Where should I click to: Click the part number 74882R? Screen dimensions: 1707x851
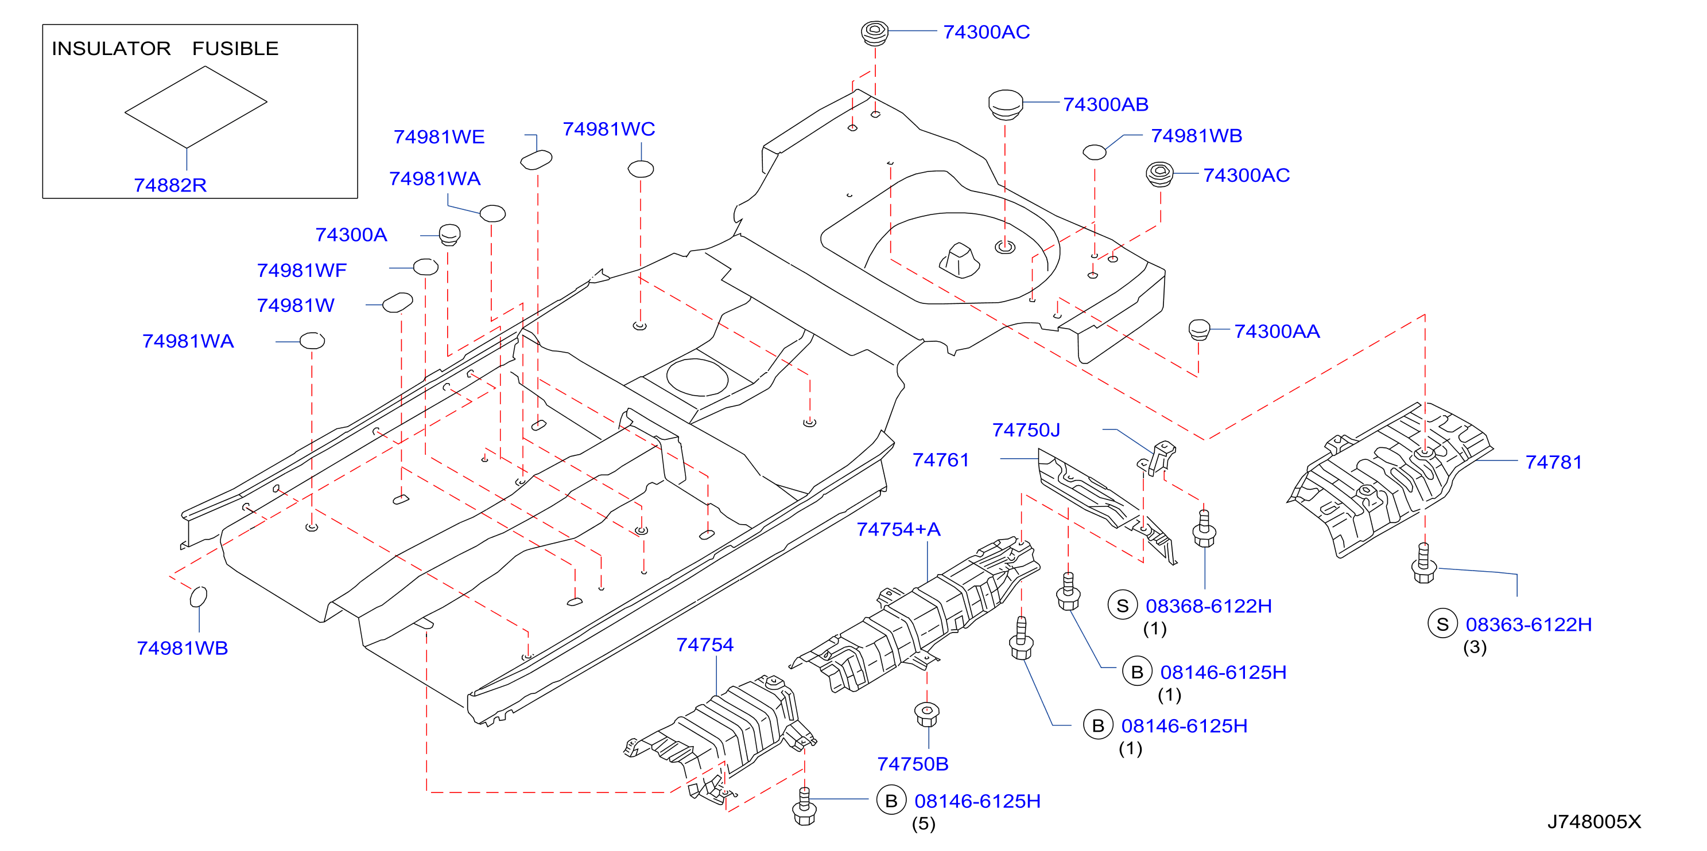pyautogui.click(x=170, y=185)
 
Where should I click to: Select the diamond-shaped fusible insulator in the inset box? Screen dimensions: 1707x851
pyautogui.click(x=196, y=107)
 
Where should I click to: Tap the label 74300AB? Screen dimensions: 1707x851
pyautogui.click(x=1105, y=104)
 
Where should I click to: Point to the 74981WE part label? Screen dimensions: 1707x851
pyautogui.click(x=439, y=136)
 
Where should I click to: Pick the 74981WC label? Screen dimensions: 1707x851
pyautogui.click(x=608, y=128)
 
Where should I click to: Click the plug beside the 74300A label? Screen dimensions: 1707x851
pyautogui.click(x=449, y=234)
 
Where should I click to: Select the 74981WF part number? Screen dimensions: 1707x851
pyautogui.click(x=301, y=270)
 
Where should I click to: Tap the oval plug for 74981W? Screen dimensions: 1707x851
pyautogui.click(x=398, y=302)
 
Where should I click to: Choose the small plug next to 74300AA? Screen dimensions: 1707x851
pyautogui.click(x=1198, y=329)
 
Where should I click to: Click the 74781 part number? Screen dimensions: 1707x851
pyautogui.click(x=1553, y=462)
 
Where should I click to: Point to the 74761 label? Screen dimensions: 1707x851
pyautogui.click(x=940, y=459)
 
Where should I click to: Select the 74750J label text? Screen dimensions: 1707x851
pyautogui.click(x=1026, y=430)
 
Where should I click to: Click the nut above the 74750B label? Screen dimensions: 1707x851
pyautogui.click(x=926, y=714)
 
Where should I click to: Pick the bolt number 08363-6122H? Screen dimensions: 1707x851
pyautogui.click(x=1528, y=624)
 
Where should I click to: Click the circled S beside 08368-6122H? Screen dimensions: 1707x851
pyautogui.click(x=1123, y=606)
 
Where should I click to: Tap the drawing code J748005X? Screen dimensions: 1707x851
pyautogui.click(x=1594, y=821)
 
